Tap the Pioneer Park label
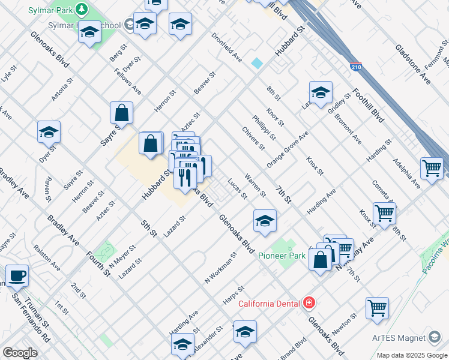tap(282, 256)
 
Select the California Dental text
tap(270, 304)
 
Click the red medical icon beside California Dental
tap(309, 303)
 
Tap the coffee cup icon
tap(17, 275)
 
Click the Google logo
tap(20, 353)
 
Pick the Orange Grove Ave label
tap(288, 149)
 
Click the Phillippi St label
tap(264, 128)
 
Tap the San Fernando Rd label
tap(31, 323)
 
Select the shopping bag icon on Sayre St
tap(121, 112)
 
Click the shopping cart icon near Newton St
tap(377, 308)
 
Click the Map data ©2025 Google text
tap(411, 355)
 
